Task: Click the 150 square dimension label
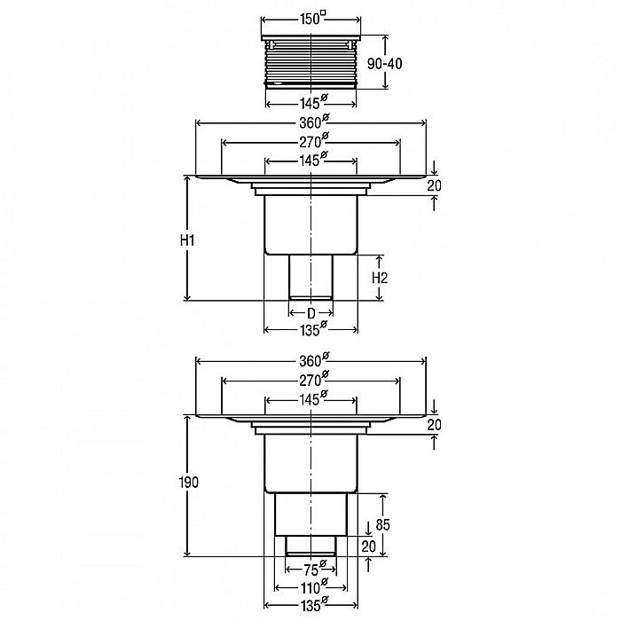click(313, 19)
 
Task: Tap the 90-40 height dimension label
click(384, 63)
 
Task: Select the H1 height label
click(187, 240)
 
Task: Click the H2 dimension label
click(380, 278)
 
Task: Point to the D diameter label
click(311, 314)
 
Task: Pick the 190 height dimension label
click(188, 483)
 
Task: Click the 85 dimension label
click(382, 525)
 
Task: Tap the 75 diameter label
click(315, 570)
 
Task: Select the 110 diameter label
click(313, 587)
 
